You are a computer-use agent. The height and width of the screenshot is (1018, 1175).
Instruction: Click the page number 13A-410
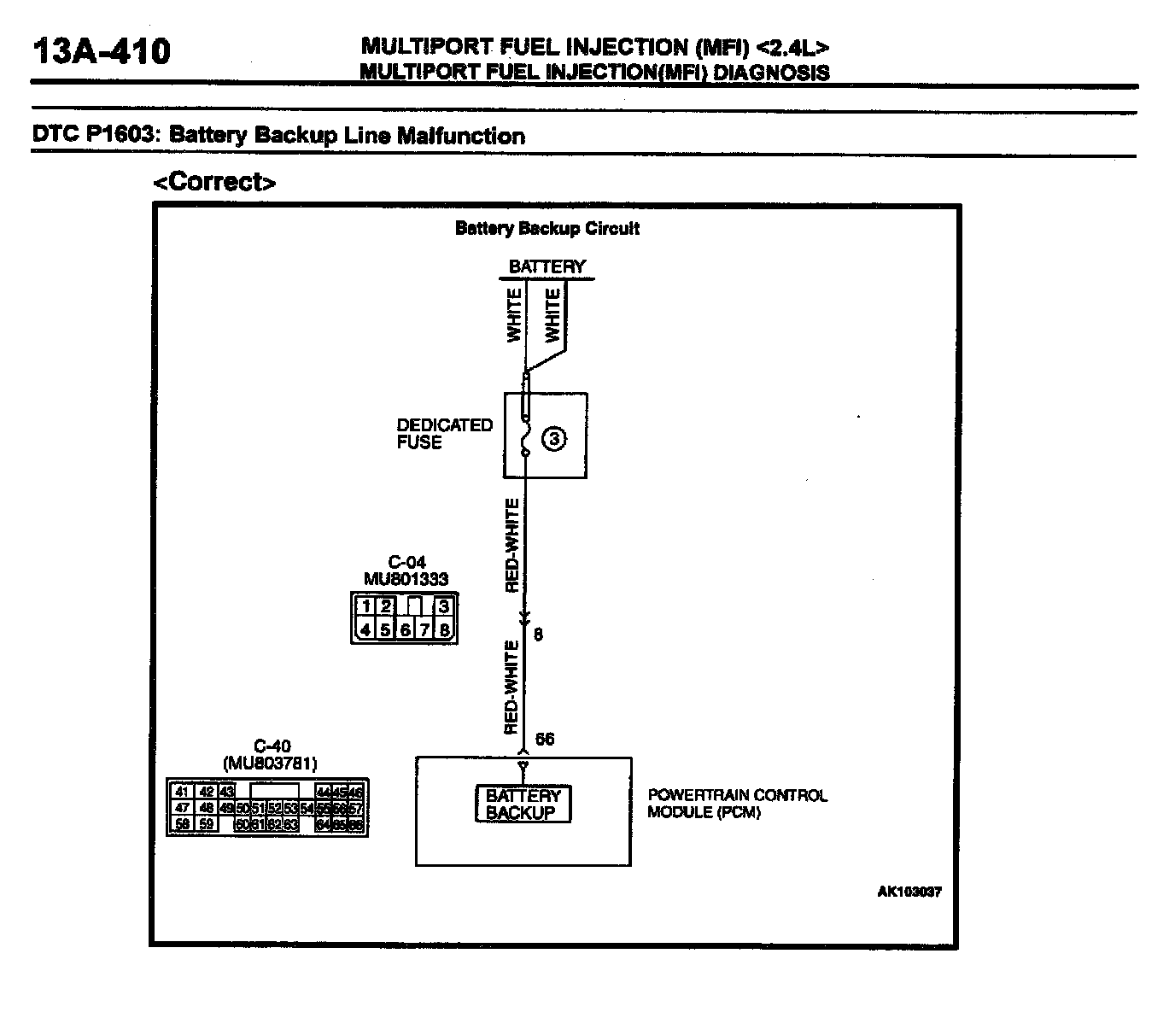coord(101,51)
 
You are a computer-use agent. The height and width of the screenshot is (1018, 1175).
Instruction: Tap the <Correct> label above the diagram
coord(214,182)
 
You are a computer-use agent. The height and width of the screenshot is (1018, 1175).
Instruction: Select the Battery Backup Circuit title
coord(547,228)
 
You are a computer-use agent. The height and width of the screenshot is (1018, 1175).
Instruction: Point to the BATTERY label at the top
coord(547,266)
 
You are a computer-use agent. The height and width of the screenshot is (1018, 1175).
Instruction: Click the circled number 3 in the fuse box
coord(554,439)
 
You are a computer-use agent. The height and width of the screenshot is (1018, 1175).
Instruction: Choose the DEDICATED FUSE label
coord(444,434)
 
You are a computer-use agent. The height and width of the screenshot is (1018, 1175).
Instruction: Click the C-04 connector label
coord(406,562)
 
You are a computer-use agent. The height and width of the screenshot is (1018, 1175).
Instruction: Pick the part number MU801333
coord(406,579)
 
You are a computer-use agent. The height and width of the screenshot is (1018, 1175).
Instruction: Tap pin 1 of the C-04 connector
coord(365,607)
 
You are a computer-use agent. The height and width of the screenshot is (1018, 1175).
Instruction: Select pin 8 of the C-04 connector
coord(444,630)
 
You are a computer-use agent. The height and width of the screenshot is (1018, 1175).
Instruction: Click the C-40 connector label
coord(272,746)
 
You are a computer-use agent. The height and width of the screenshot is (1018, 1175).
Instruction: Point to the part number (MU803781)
coord(270,762)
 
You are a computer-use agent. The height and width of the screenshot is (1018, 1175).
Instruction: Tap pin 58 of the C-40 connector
coord(181,824)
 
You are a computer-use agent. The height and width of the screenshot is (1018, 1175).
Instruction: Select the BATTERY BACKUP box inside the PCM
coord(523,804)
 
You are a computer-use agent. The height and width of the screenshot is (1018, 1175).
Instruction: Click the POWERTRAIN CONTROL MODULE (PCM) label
coord(737,804)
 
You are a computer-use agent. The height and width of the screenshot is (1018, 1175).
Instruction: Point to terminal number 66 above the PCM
coord(544,739)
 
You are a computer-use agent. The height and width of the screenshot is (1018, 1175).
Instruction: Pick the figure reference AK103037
coord(909,892)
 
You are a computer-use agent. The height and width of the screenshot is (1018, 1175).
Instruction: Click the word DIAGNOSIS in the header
coord(770,73)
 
